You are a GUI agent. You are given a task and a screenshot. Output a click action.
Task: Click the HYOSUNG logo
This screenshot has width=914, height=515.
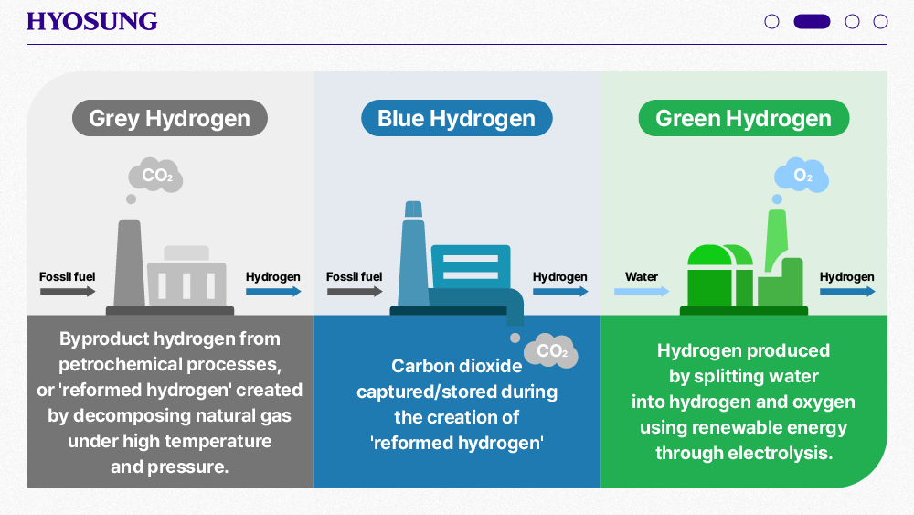[x=91, y=22]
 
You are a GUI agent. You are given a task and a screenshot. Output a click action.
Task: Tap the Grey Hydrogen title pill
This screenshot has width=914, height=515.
[x=170, y=118]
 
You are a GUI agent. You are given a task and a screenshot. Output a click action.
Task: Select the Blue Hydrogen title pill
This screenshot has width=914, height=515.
[x=456, y=118]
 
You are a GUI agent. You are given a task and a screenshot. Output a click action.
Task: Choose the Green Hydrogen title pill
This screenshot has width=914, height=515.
[x=743, y=118]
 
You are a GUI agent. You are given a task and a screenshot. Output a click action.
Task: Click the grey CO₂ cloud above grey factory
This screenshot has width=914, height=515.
[x=155, y=175]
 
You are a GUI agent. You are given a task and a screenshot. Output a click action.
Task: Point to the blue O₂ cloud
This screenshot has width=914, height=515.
[x=802, y=175]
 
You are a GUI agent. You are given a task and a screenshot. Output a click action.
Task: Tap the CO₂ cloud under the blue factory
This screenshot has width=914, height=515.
[x=551, y=350]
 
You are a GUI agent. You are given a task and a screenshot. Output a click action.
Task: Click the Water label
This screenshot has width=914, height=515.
[x=642, y=276]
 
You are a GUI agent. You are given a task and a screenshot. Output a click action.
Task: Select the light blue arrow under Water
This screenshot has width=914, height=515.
[x=642, y=291]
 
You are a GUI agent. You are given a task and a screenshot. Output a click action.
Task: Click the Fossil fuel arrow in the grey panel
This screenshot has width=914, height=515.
[x=68, y=291]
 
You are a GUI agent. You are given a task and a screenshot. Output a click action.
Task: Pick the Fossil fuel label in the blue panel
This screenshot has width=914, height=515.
[x=354, y=276]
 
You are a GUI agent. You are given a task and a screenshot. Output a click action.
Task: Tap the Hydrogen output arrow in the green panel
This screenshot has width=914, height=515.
[x=847, y=291]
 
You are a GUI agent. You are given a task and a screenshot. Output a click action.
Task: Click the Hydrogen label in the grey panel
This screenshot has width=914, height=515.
[x=272, y=276]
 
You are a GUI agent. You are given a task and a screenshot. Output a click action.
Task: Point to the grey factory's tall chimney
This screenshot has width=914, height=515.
[x=130, y=263]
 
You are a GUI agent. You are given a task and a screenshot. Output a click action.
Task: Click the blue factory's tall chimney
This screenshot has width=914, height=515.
[x=413, y=253]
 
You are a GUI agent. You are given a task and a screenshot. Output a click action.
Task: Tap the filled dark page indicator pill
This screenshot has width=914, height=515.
[x=812, y=22]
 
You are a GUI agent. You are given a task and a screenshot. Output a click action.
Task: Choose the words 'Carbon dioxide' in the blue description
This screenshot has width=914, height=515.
[x=456, y=366]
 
